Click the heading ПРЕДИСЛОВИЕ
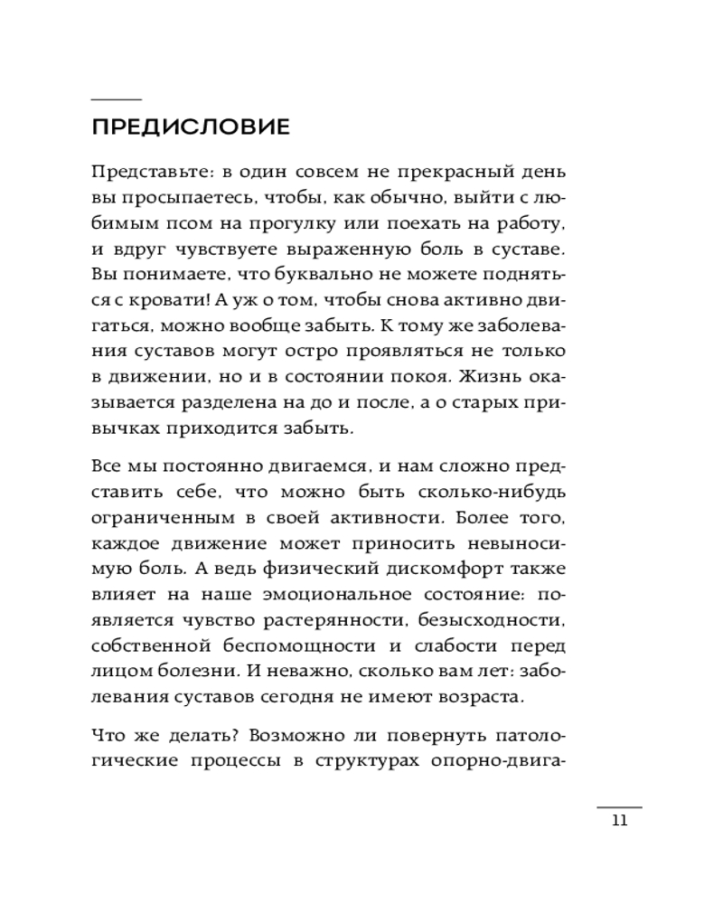point(191,127)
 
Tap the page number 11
point(619,821)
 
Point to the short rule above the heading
point(117,98)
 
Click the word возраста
point(475,699)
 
